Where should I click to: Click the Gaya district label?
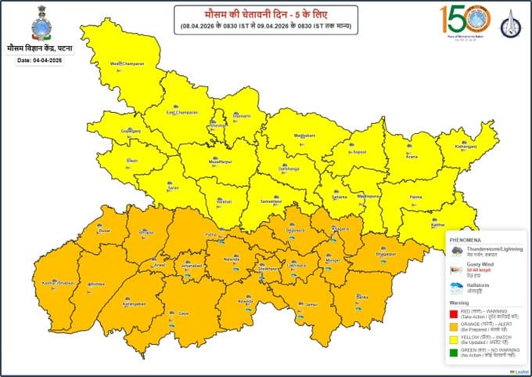(x=184, y=313)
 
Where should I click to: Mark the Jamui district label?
(x=311, y=303)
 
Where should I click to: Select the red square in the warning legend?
(x=455, y=313)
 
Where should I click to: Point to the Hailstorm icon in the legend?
(x=455, y=288)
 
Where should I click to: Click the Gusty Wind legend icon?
(x=455, y=269)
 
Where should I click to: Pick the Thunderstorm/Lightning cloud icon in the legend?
(x=455, y=251)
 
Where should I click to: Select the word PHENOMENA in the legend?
(x=465, y=238)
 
